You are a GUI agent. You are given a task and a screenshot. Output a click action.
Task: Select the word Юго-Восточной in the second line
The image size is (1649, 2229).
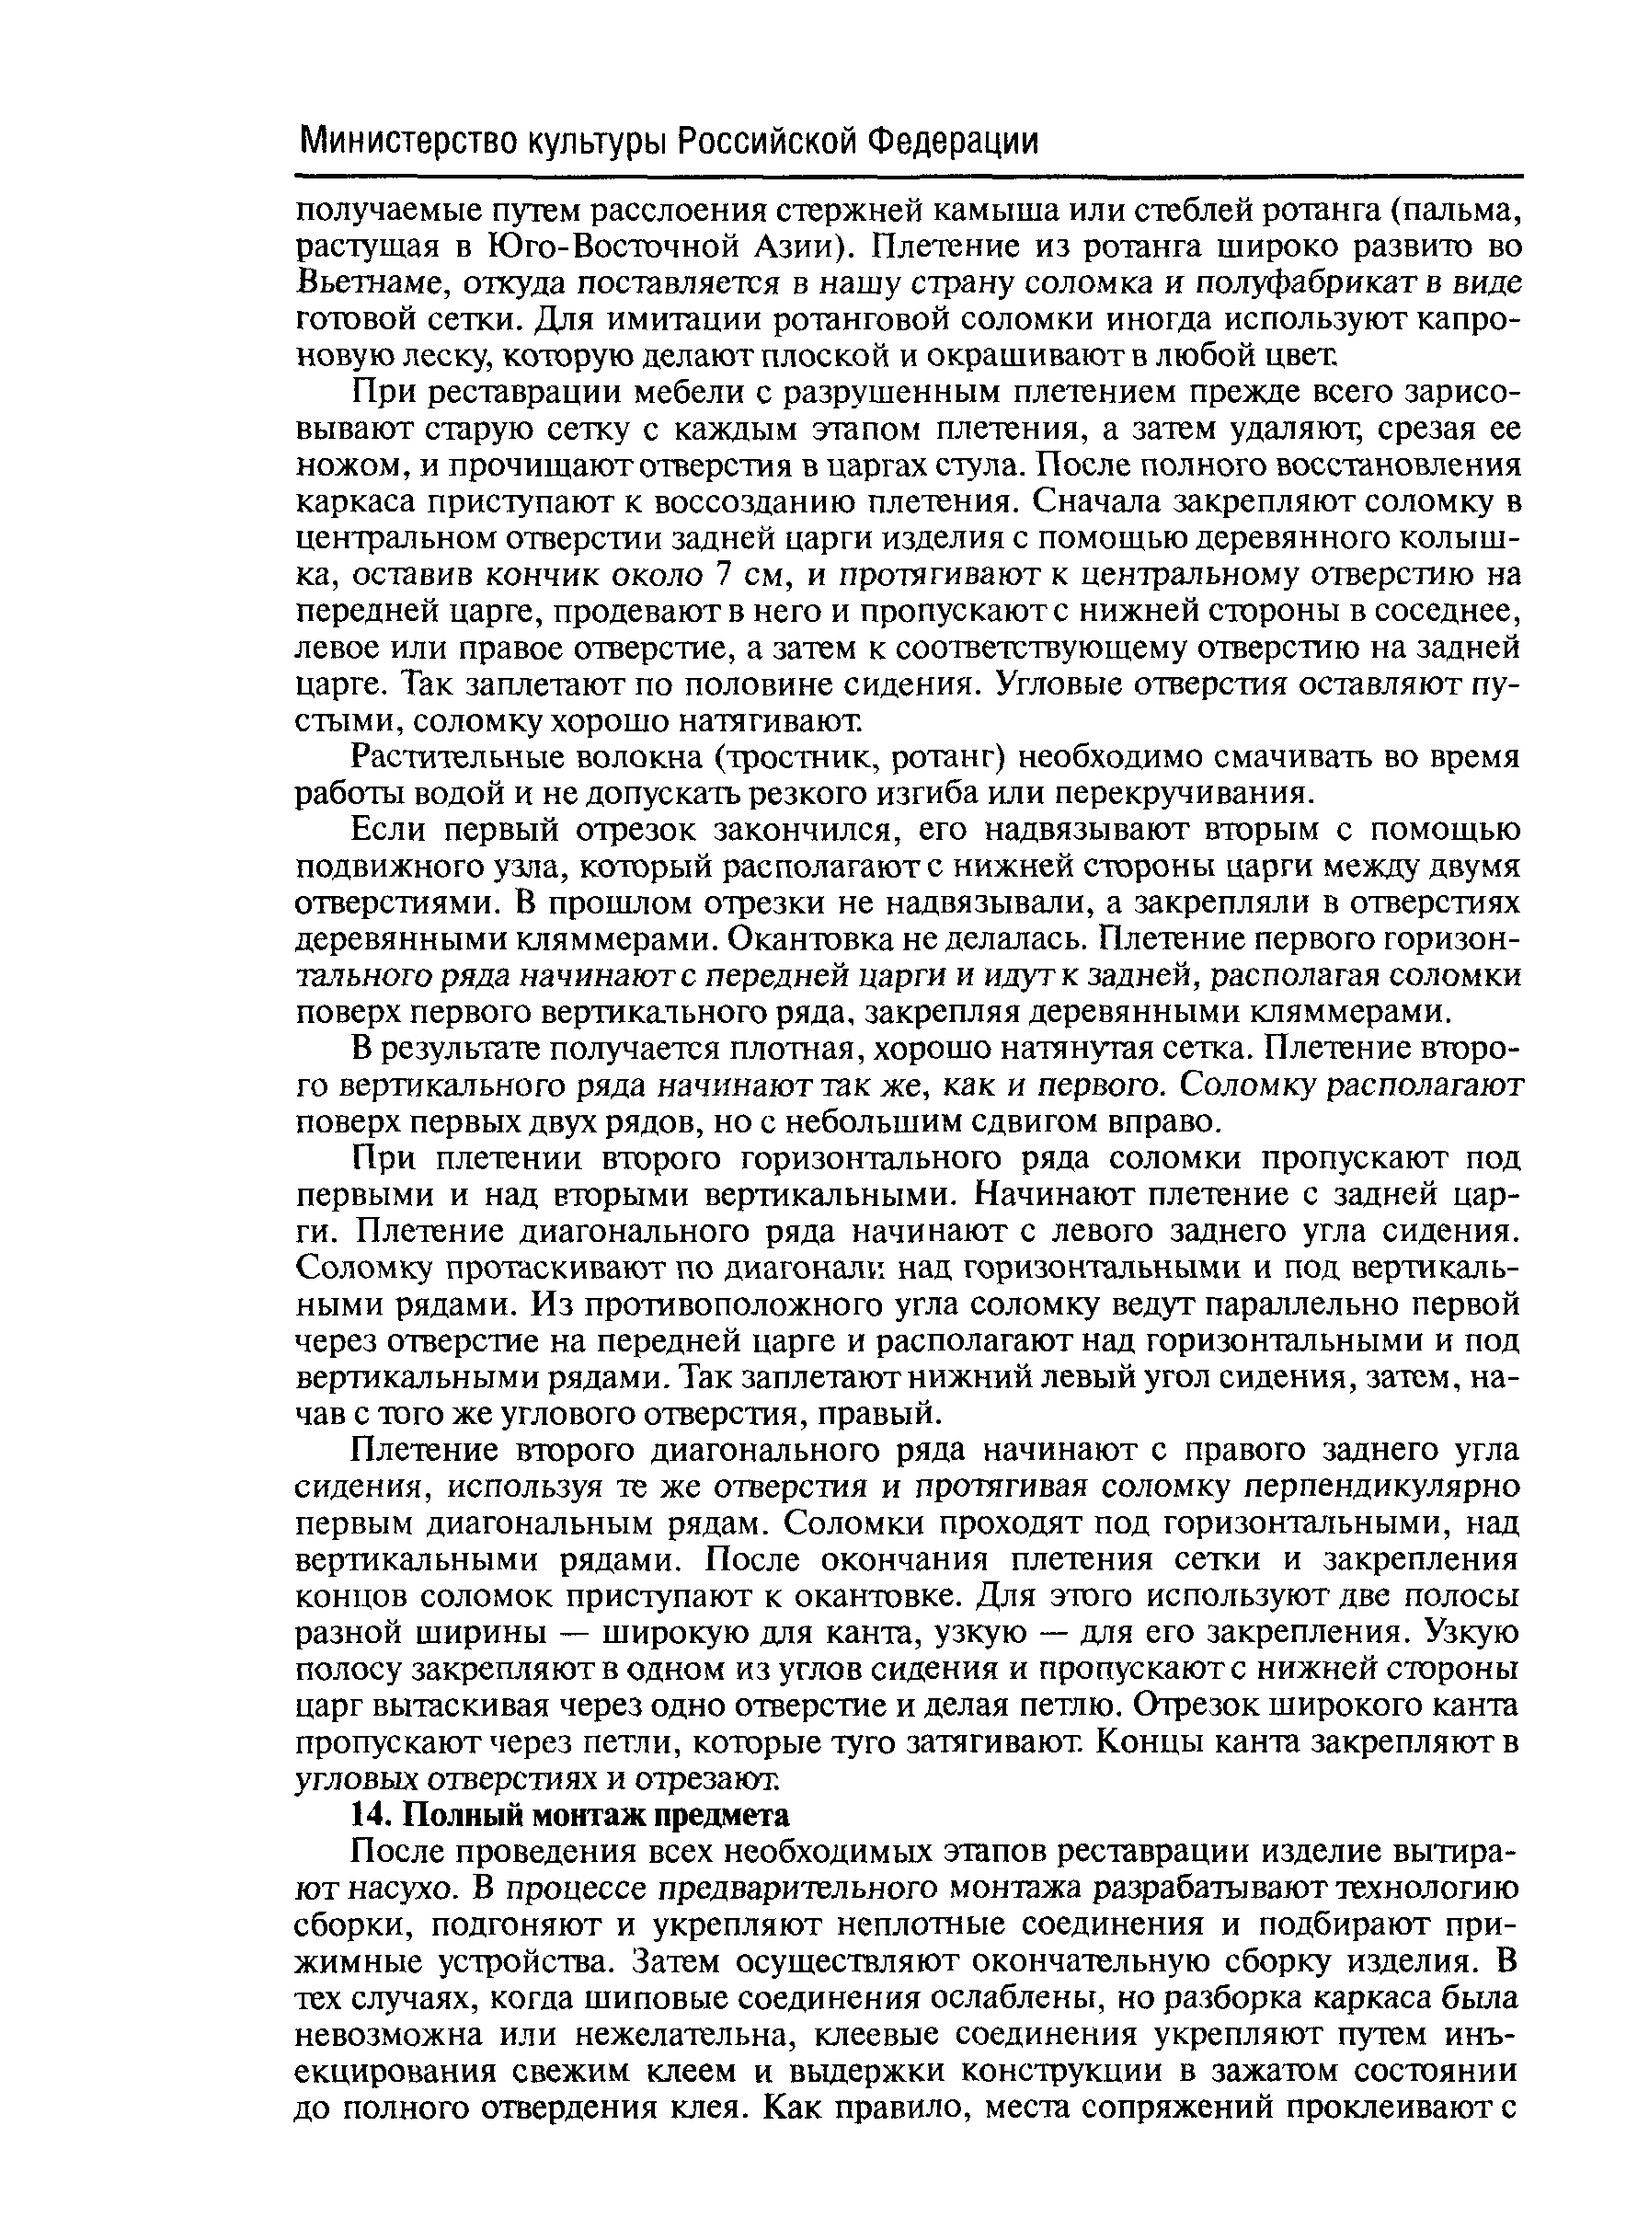593,247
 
